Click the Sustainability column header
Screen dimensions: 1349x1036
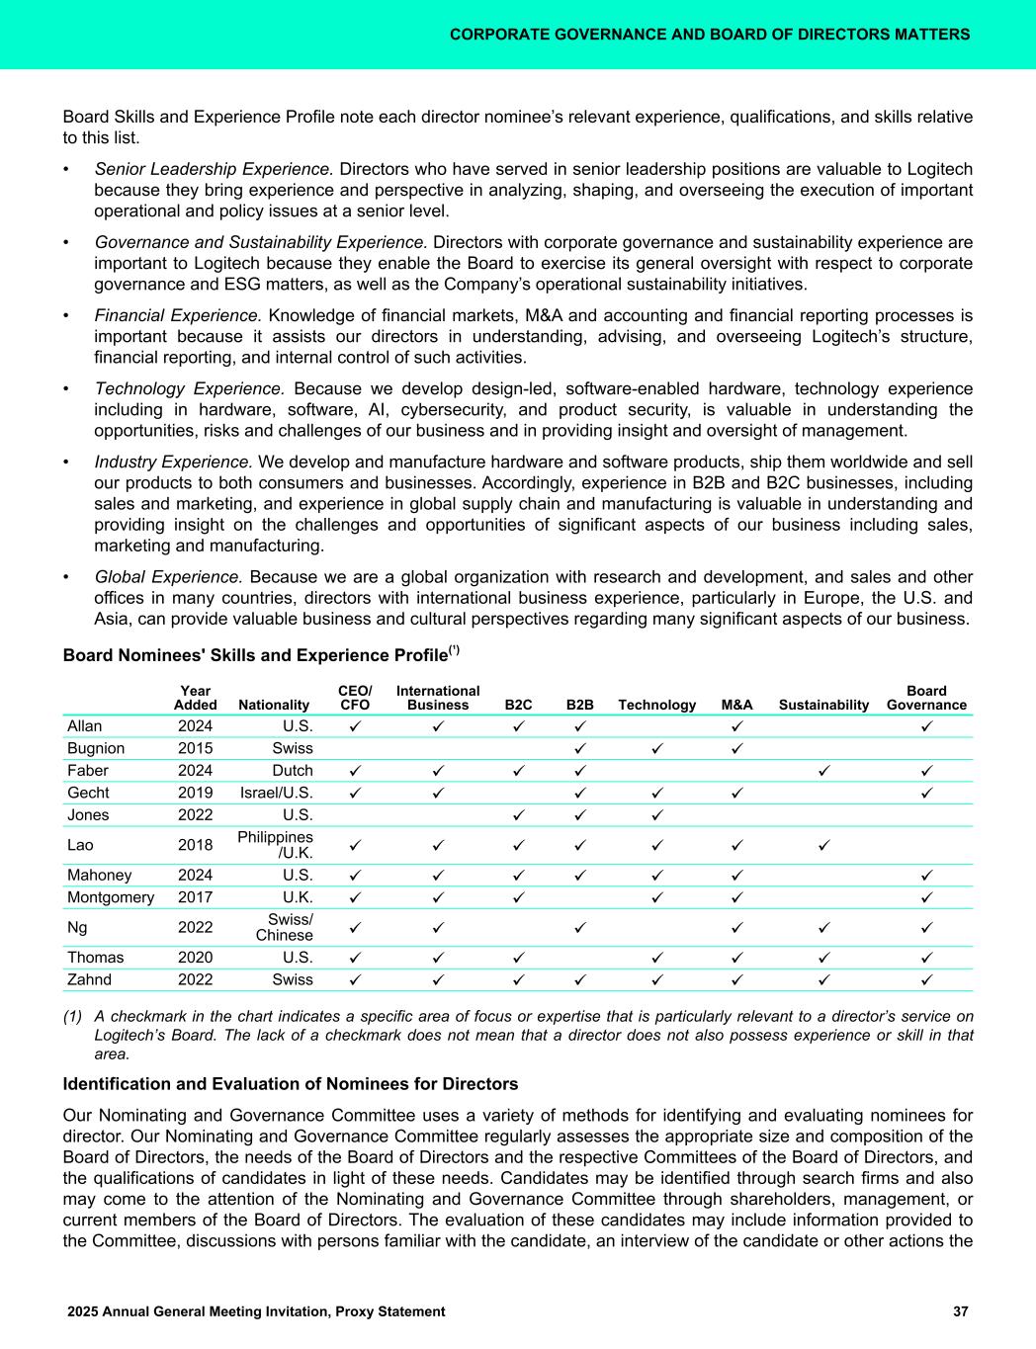823,705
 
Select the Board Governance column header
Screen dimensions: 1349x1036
926,698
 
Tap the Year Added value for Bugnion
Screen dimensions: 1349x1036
195,748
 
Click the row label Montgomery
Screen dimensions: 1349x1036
111,897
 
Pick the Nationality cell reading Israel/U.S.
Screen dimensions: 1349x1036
277,793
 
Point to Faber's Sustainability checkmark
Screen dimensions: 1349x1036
823,771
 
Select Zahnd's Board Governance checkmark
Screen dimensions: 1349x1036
926,980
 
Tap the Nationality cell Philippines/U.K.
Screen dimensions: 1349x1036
276,845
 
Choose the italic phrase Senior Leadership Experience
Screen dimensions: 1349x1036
214,169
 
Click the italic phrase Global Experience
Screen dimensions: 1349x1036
168,576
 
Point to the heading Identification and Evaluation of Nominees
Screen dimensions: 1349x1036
291,1084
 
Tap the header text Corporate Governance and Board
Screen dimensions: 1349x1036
709,35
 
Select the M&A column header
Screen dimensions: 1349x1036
737,705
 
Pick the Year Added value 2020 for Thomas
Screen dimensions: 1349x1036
195,958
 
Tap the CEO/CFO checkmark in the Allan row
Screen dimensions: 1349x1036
355,726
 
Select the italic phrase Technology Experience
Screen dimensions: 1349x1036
190,388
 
